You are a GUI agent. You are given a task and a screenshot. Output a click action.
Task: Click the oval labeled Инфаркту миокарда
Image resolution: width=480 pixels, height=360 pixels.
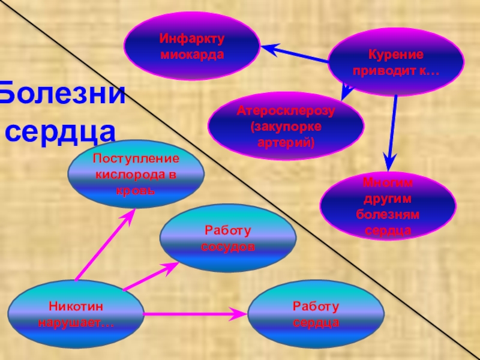[191, 46]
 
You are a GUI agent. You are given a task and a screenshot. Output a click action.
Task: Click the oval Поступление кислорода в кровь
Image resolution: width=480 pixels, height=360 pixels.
[136, 175]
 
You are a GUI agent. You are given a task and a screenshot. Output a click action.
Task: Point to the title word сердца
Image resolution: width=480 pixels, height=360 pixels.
[60, 130]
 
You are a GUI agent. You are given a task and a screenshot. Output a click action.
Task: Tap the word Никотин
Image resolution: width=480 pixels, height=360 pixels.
[76, 307]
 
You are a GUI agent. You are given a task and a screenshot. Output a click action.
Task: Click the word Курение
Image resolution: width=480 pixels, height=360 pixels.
[395, 55]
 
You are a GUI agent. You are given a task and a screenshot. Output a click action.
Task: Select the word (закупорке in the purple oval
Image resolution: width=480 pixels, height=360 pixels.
[286, 127]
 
